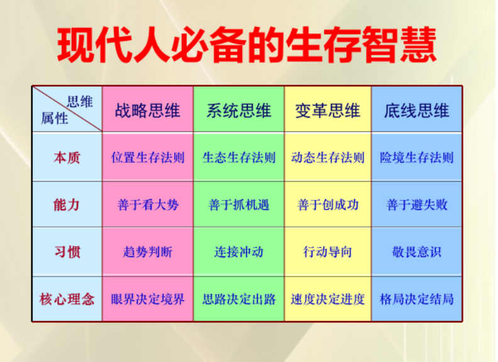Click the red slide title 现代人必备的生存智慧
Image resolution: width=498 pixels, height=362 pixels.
246,45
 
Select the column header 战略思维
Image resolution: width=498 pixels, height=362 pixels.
147,111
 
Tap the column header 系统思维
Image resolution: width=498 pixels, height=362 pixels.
239,111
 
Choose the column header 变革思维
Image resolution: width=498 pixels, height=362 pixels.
328,111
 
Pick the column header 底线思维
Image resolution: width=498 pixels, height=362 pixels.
417,111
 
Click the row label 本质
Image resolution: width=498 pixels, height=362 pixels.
67,158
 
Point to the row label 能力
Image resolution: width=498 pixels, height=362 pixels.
67,205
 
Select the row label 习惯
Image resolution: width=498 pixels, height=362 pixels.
67,252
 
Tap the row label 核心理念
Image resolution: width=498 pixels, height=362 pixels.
67,299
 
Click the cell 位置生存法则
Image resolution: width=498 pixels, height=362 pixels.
148,158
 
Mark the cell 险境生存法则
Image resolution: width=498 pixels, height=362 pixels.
417,158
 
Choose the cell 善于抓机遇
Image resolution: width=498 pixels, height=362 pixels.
239,205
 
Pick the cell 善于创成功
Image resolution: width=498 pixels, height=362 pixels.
328,205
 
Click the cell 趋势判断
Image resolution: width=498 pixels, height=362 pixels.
148,252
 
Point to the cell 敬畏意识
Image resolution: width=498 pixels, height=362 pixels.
417,252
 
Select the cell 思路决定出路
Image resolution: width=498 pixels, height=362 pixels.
239,299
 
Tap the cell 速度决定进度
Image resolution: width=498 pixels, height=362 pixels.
328,299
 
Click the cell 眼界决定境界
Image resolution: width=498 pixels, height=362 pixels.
148,299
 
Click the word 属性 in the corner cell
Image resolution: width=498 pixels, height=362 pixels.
54,118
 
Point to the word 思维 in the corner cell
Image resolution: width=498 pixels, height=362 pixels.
80,102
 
